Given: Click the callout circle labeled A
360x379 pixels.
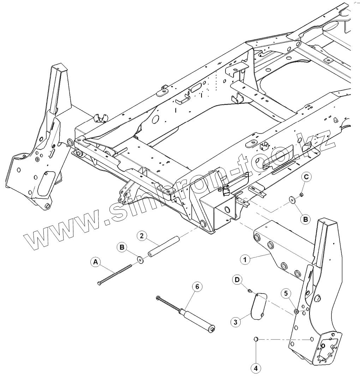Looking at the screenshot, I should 94,262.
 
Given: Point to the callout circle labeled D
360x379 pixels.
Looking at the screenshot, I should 237,280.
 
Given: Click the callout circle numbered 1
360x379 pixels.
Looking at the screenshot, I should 244,259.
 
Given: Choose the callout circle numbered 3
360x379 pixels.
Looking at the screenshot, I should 235,322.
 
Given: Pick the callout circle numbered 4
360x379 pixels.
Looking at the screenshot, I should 256,368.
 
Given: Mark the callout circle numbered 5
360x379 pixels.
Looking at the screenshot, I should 286,293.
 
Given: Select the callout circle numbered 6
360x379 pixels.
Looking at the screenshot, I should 197,287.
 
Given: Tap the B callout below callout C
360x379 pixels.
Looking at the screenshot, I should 306,219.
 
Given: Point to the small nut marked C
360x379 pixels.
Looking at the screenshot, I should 301,194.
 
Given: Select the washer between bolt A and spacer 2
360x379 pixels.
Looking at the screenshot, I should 141,260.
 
